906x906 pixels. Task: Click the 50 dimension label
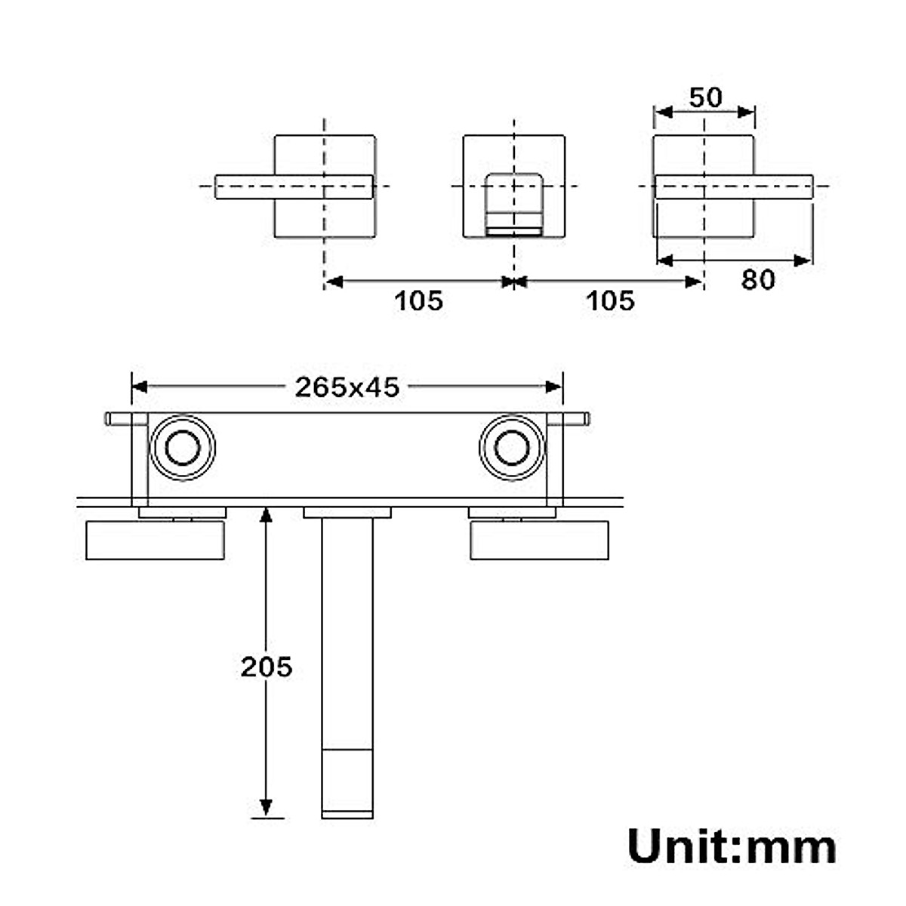705,97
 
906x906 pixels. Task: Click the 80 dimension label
757,279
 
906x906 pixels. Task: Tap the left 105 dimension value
419,300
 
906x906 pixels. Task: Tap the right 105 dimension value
610,300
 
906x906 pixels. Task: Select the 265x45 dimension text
347,387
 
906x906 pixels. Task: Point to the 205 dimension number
266,667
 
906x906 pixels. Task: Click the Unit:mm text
731,846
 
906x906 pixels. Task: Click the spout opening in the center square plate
513,202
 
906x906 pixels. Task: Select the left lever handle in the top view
294,186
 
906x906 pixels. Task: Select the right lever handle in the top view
733,186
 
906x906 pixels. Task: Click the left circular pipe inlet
182,448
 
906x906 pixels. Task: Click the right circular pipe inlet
511,448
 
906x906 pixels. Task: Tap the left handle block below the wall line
156,540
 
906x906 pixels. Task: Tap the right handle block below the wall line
539,540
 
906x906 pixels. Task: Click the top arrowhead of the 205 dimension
266,515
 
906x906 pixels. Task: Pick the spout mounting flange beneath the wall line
347,513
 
